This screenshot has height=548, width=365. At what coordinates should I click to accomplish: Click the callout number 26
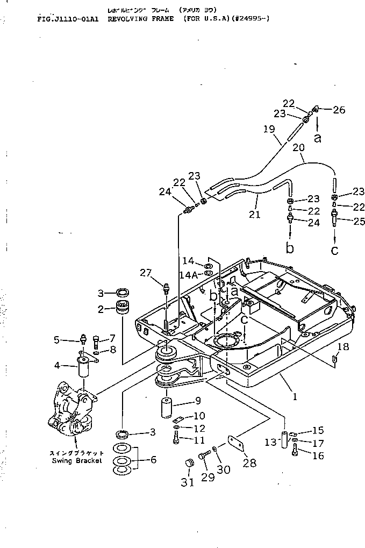339,110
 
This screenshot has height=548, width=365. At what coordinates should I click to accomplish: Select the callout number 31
187,482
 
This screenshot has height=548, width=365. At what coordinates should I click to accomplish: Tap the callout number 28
251,463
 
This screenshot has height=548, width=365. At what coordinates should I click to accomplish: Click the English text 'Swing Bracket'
76,461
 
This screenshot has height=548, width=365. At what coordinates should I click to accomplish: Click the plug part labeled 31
188,464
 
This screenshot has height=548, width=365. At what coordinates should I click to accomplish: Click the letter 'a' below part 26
317,138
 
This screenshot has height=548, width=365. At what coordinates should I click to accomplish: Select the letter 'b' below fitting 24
290,248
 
